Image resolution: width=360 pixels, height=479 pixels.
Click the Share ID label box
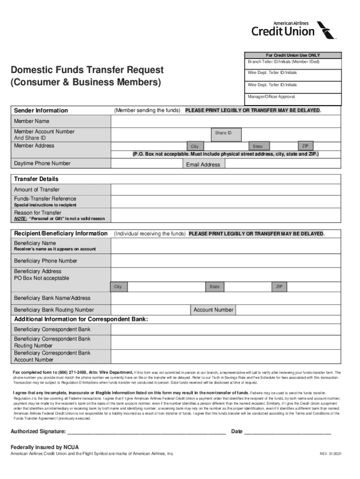pos(223,133)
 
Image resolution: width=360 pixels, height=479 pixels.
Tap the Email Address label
pos(203,165)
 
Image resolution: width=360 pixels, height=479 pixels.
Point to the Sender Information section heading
pos(41,110)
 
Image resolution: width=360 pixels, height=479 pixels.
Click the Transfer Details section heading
pos(36,179)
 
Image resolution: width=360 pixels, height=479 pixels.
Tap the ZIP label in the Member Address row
pos(305,145)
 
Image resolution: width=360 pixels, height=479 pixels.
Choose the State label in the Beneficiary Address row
pos(215,286)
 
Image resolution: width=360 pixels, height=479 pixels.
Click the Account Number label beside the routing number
pos(213,310)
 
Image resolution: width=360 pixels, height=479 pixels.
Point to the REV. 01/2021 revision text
pos(331,454)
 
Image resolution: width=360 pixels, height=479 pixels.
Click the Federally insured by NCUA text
pos(42,447)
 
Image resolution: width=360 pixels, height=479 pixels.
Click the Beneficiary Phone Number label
pos(46,261)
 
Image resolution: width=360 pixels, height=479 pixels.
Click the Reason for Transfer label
pos(37,213)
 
